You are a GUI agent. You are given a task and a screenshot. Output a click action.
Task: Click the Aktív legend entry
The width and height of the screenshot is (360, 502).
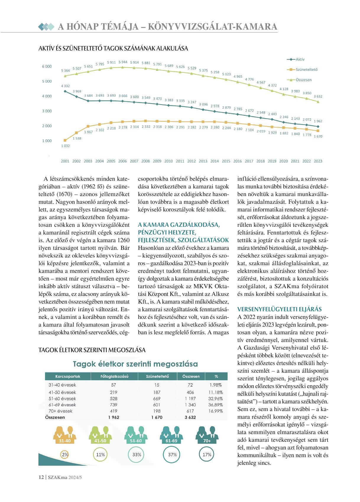(300, 59)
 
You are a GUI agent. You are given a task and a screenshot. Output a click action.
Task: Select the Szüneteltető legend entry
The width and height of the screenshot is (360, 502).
(307, 70)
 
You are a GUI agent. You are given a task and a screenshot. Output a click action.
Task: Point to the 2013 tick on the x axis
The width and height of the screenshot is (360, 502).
(203, 161)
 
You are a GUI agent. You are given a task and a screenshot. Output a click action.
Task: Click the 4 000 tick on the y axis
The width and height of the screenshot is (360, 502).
(47, 96)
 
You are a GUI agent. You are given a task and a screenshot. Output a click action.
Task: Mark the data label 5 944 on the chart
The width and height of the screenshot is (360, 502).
(123, 62)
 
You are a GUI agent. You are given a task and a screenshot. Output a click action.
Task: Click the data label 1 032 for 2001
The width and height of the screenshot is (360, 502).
(65, 146)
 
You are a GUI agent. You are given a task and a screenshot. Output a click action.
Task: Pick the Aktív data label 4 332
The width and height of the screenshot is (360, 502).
(65, 86)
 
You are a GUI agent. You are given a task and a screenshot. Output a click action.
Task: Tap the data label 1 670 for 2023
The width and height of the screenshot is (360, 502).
(318, 136)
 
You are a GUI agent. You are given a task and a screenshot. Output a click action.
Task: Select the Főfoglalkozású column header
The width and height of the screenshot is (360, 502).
(114, 376)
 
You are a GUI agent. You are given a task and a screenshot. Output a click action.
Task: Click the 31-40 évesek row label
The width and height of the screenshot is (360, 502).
(62, 385)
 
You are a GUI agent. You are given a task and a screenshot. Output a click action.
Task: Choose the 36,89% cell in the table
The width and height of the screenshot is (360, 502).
(215, 405)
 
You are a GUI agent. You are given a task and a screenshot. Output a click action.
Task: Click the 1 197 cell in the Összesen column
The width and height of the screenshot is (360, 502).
(190, 399)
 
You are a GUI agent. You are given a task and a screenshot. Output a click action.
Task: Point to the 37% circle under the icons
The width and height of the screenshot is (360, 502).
(172, 454)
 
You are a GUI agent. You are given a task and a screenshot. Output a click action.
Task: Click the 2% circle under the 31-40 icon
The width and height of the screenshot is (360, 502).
(65, 454)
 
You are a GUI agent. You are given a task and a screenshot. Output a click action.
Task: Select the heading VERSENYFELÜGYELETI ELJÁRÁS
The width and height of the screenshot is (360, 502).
(280, 309)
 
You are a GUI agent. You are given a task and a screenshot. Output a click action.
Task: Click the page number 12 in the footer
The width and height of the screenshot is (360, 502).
(41, 477)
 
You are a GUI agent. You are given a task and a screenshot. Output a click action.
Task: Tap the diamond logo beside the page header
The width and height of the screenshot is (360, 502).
(46, 27)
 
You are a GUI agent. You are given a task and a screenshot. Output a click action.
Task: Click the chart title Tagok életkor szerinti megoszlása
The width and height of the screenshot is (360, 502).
(135, 364)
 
